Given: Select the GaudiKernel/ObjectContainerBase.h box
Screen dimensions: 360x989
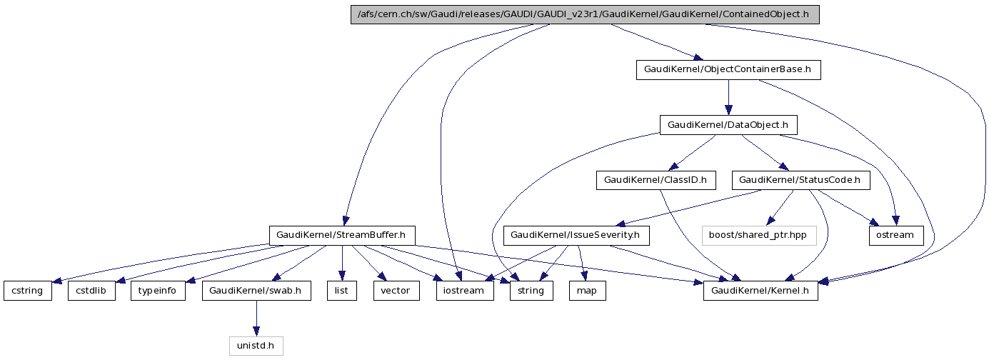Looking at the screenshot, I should (728, 70).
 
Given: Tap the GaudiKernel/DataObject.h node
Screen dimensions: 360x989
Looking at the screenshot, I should (728, 125).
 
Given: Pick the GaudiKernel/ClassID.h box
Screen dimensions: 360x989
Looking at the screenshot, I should (656, 181).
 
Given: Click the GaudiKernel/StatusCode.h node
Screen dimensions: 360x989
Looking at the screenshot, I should (800, 181).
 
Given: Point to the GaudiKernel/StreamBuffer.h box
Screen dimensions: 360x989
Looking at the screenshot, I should (342, 235).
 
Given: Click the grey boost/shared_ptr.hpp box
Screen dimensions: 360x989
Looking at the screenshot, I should (758, 235).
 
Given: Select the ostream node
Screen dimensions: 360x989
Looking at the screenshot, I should (895, 235).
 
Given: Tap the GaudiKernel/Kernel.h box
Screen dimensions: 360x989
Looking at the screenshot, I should (760, 291).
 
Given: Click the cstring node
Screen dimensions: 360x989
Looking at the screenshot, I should (28, 291).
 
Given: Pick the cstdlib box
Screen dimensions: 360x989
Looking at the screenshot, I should (91, 291).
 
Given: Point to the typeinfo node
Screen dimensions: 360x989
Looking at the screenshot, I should (158, 291).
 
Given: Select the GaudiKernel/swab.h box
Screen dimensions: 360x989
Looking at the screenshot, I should (256, 291).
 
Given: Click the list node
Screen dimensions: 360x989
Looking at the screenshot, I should (341, 291).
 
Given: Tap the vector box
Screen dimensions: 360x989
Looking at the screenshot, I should (396, 291).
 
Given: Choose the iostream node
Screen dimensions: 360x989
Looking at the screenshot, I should (465, 291).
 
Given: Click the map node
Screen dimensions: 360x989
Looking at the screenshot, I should (587, 291).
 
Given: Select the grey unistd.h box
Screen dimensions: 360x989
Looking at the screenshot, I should (256, 346).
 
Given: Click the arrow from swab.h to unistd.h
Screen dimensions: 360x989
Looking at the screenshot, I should (256, 319).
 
